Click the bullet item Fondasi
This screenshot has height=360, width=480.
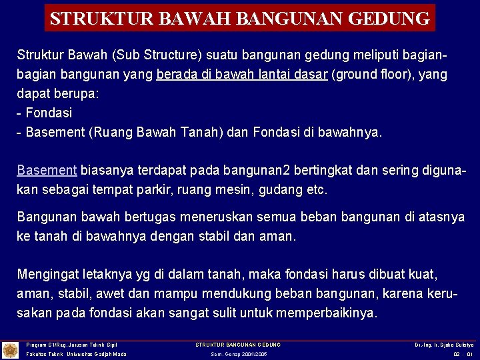48,113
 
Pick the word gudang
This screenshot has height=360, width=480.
275,189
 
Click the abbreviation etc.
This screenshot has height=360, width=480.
313,189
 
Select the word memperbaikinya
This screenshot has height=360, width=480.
331,313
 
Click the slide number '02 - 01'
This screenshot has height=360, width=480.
462,354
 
